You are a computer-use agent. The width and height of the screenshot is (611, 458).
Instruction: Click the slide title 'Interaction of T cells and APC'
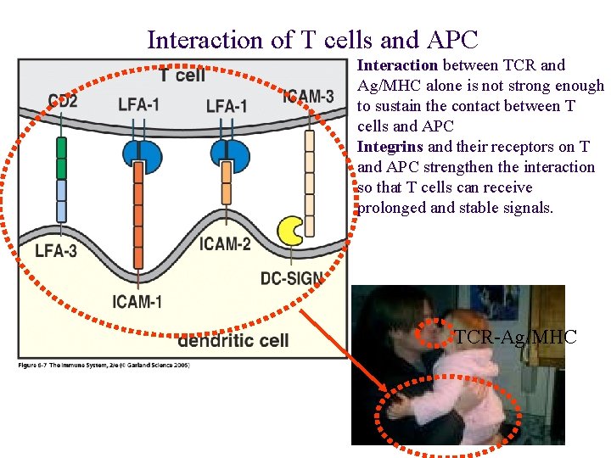coord(312,39)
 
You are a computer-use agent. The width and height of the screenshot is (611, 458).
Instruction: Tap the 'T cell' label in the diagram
coord(182,75)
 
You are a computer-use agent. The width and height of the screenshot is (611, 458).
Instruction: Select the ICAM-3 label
coord(308,96)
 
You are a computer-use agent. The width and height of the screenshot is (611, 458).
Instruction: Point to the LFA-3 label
coord(55,250)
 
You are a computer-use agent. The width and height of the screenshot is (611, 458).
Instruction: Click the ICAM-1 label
coord(137,301)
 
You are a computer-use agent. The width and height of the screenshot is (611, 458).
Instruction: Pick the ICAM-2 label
coord(225,245)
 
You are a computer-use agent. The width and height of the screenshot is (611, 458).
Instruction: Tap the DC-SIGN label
coord(291,278)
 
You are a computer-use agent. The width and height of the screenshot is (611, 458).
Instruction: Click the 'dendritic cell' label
coord(233,340)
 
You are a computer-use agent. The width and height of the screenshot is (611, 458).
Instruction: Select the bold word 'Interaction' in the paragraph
coord(397,65)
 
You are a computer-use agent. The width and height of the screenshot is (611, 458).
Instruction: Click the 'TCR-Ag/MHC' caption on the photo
coord(515,338)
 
